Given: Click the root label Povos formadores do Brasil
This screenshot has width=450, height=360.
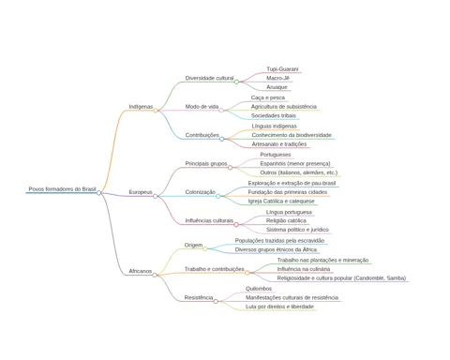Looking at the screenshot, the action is [x=62, y=189].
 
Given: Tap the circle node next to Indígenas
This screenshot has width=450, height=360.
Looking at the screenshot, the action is [x=156, y=111].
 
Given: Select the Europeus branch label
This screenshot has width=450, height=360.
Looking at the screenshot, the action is [x=141, y=192].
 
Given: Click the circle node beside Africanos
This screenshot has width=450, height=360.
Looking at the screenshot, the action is [x=155, y=275].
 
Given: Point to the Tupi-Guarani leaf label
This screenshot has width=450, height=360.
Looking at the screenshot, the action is [x=282, y=69].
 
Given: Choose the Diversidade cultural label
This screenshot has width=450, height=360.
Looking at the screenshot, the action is [x=209, y=78].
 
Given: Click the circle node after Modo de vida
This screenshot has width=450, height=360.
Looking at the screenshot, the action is [x=221, y=111].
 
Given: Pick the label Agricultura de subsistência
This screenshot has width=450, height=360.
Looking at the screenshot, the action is [x=284, y=107].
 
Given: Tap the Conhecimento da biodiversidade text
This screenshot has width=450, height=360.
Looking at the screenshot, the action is [x=292, y=135].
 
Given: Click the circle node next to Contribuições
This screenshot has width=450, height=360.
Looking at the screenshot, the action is [x=222, y=139].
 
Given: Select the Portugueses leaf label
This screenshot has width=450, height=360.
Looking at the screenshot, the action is [x=276, y=155].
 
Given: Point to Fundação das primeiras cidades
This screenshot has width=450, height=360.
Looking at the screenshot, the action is [x=288, y=192].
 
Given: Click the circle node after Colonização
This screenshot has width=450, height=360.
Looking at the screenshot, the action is [x=218, y=196].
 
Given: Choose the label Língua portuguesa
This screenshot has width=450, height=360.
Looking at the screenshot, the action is [x=289, y=212].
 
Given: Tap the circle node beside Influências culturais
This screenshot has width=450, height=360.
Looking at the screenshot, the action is [x=236, y=225].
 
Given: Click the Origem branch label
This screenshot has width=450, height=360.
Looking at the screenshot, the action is [x=193, y=245].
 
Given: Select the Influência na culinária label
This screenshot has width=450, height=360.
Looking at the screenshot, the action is [x=304, y=269].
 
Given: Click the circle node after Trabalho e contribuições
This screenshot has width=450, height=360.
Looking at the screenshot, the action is [x=247, y=273].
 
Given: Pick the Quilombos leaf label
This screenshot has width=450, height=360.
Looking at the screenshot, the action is [x=259, y=289].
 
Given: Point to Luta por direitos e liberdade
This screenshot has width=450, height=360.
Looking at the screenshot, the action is [x=279, y=307].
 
